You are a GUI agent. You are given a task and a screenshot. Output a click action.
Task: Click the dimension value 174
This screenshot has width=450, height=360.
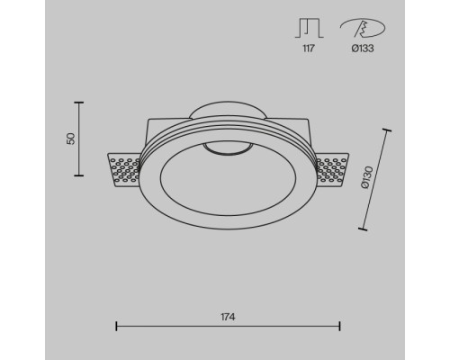[228, 317]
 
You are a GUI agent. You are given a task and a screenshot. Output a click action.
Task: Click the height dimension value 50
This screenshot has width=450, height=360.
[71, 139]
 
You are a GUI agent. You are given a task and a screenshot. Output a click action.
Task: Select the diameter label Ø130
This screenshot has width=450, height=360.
[366, 177]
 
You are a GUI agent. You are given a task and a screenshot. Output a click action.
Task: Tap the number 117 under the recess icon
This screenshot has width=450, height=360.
[309, 49]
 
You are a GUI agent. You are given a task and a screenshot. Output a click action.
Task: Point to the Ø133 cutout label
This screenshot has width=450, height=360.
[363, 49]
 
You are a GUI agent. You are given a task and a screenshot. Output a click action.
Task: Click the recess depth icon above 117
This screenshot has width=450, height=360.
[309, 28]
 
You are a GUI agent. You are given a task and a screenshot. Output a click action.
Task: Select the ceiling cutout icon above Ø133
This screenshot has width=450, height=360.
[363, 28]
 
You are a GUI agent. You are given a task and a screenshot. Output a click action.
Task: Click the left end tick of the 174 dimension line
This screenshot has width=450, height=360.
[116, 326]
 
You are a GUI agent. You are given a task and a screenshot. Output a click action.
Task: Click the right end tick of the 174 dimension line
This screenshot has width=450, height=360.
[339, 326]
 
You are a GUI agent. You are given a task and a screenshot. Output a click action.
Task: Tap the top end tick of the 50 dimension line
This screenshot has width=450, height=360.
[79, 103]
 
